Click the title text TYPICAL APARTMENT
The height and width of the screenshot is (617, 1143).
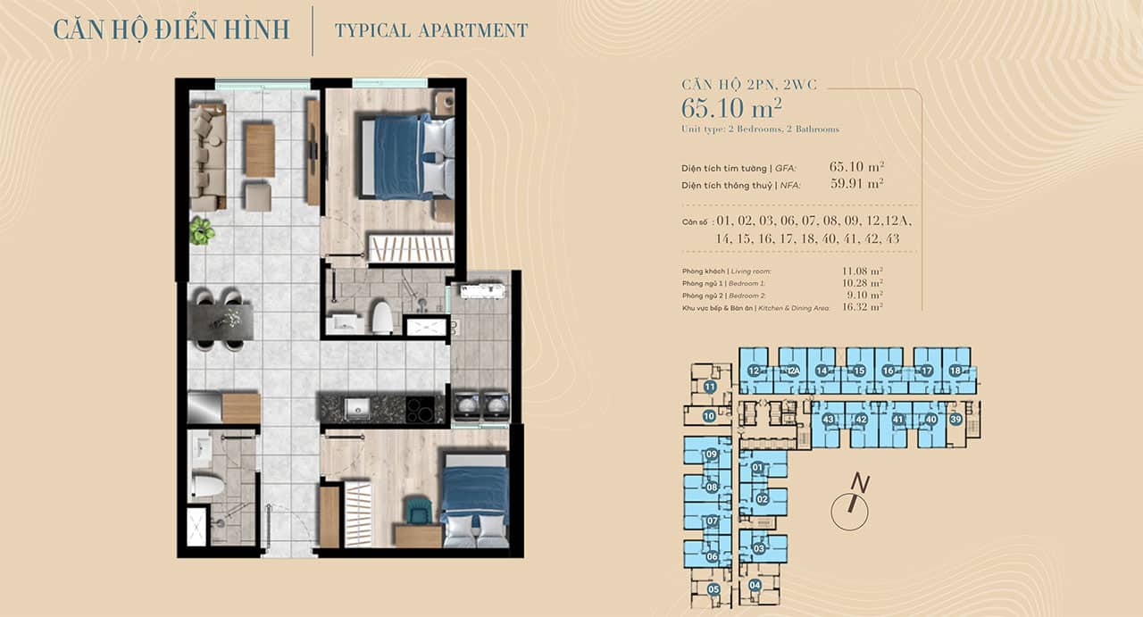coord(431,30)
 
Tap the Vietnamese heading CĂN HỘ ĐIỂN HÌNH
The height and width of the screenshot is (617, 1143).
coord(171,29)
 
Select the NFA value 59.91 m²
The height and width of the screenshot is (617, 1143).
coord(855,184)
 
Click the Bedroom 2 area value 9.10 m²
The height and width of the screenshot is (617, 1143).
coord(864,295)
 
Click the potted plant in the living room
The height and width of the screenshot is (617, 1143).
coord(202,231)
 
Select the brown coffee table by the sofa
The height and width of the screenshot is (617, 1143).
coord(259,150)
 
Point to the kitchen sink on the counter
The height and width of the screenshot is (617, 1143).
coord(356,407)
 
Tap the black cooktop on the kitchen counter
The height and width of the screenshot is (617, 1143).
coord(425,409)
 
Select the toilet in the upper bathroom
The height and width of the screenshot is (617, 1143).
coord(381,317)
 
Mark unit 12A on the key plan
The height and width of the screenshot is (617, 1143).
coord(791,371)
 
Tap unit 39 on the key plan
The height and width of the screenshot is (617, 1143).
coord(955,420)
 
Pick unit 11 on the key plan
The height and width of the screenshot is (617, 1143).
coord(710,387)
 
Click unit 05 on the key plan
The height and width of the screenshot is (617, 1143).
coord(713,589)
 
